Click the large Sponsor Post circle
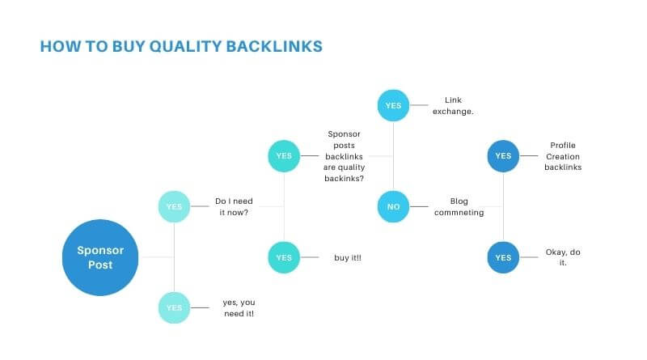tap(100, 257)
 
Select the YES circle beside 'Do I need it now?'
tap(174, 206)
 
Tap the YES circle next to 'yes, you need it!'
tap(174, 307)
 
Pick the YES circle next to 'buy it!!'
tap(284, 257)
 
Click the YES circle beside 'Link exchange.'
tap(393, 105)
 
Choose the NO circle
tap(393, 206)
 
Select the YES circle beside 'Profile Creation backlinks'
tap(503, 155)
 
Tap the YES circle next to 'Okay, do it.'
tap(503, 257)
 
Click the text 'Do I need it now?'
tap(234, 206)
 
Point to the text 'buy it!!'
tap(348, 257)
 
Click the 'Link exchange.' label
tap(453, 106)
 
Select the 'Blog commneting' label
tap(459, 206)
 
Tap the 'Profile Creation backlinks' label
tap(563, 156)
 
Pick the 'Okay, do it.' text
tap(563, 257)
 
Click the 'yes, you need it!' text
tap(239, 308)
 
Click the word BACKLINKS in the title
tap(274, 46)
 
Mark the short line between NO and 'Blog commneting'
tap(419, 206)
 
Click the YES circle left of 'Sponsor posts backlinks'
tap(284, 155)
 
